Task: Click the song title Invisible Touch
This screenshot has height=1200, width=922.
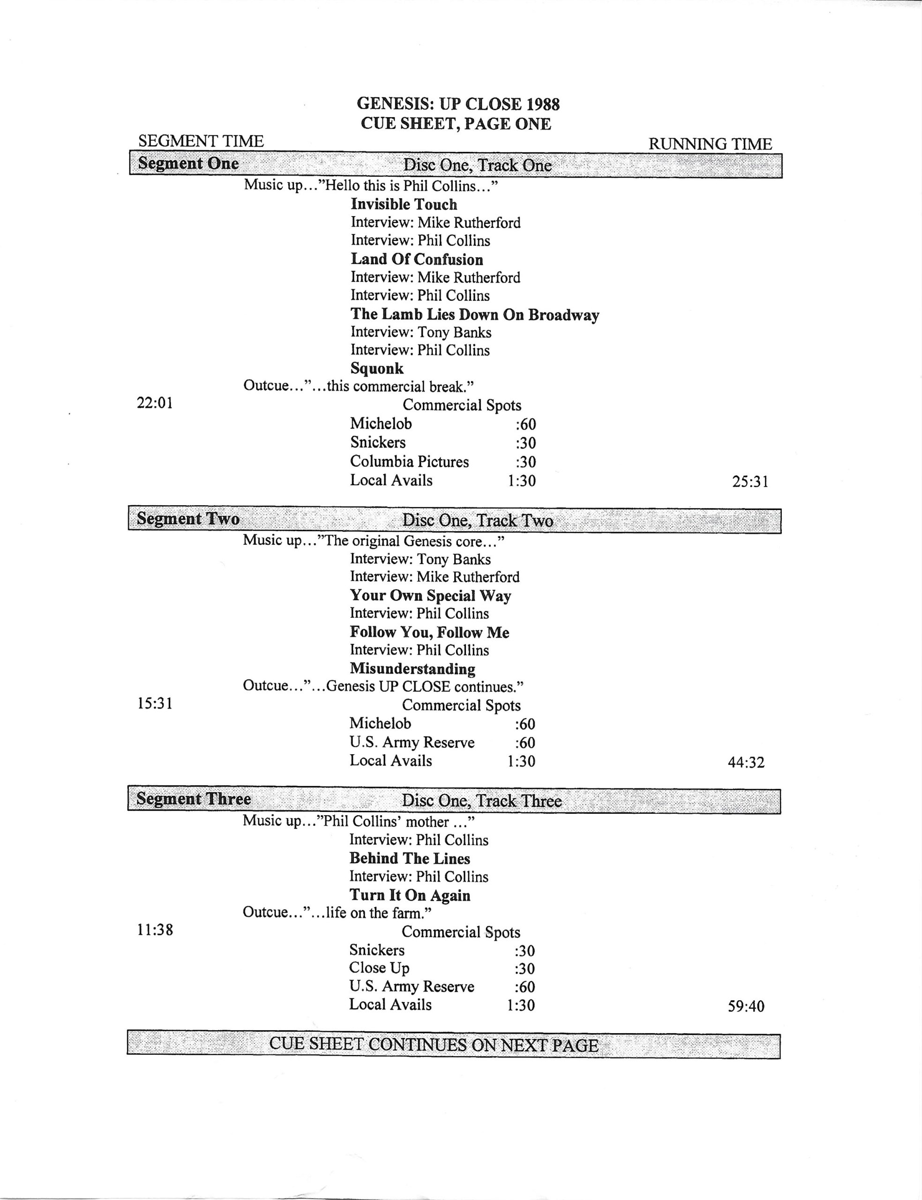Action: (404, 205)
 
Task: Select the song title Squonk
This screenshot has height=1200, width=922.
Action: (376, 369)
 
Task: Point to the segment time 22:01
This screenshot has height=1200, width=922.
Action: (155, 404)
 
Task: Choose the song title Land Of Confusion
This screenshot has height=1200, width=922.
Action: (417, 260)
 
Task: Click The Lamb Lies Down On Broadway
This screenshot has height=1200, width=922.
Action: (475, 315)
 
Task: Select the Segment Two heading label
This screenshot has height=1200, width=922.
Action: (187, 519)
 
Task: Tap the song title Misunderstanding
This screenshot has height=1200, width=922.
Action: (412, 669)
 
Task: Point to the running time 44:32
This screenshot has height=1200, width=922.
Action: (746, 762)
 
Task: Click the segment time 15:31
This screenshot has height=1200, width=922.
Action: (155, 704)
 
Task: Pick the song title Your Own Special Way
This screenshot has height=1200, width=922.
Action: (430, 596)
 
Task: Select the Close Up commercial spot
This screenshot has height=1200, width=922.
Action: (379, 968)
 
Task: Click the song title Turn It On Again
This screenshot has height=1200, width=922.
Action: (410, 895)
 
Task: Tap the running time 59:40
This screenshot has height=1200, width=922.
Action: (746, 1006)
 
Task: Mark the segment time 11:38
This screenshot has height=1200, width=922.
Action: (155, 930)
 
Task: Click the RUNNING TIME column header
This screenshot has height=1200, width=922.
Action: (710, 144)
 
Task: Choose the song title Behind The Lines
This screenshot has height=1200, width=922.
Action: (409, 858)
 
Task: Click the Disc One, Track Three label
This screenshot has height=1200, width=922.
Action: (481, 801)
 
